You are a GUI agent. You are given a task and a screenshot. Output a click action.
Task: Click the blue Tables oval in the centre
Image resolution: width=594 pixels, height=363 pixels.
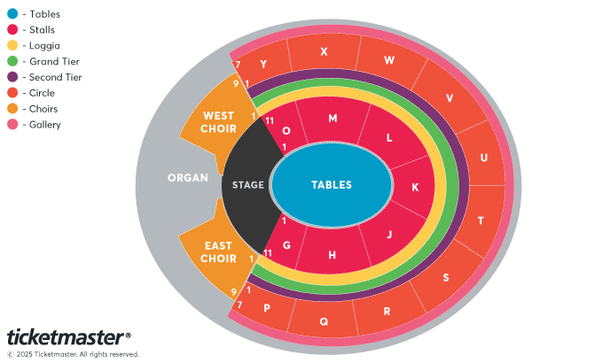332,185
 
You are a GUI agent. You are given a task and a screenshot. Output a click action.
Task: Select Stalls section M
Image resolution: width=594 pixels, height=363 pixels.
332,119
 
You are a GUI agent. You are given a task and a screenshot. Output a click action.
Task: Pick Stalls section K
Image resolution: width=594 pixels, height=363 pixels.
415,187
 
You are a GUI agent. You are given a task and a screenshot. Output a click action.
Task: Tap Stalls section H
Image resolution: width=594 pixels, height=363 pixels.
332,255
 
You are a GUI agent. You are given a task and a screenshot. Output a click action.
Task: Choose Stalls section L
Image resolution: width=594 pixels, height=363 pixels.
388,138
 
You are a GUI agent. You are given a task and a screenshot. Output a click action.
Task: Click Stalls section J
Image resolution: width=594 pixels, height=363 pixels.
388,235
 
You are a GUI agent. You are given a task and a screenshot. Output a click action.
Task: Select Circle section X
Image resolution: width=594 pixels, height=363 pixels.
324,52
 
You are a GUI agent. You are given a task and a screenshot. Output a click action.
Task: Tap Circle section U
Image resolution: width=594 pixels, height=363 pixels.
483,158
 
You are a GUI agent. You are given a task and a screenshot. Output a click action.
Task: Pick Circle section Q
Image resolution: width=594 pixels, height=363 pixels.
324,321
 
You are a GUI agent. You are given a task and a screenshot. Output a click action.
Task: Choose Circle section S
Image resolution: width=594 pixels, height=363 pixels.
445,277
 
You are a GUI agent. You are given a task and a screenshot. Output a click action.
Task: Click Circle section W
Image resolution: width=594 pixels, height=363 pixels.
388,61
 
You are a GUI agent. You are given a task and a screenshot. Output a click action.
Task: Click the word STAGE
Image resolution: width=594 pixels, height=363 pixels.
248,185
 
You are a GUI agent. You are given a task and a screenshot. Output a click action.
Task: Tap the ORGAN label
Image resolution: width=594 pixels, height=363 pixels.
188,178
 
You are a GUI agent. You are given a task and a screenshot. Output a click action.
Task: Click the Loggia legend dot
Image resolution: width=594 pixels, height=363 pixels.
12,45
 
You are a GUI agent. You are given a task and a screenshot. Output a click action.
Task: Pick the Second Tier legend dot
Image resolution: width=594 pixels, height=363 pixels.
12,77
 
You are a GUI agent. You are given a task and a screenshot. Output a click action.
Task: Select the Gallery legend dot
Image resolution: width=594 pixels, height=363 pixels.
12,125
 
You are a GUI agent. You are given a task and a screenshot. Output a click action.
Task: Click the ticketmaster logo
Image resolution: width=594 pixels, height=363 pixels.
69,337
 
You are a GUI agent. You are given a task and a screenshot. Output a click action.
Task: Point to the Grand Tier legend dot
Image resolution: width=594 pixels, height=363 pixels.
12,61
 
